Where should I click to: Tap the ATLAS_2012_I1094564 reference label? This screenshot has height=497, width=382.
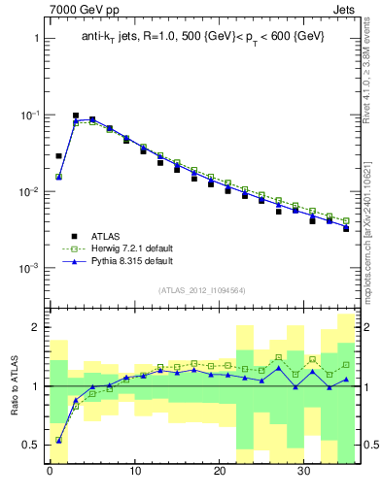tap(201, 289)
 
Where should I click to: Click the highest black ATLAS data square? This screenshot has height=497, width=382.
tap(76, 116)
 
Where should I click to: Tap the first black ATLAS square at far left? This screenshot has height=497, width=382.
tap(58, 155)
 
